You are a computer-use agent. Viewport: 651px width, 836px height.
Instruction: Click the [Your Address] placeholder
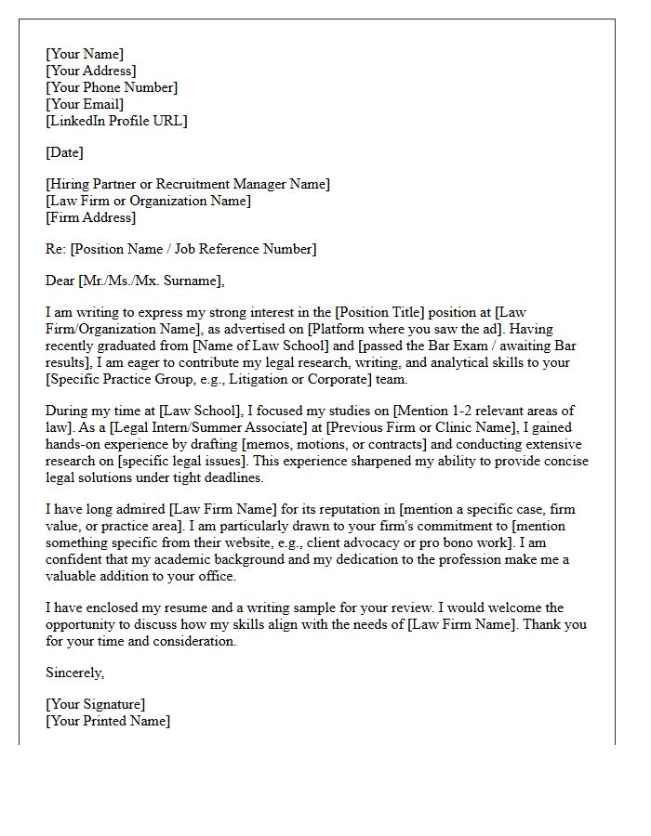[91, 71]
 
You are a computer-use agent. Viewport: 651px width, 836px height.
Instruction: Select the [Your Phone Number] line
[112, 87]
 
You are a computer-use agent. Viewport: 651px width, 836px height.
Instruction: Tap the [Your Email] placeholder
[85, 104]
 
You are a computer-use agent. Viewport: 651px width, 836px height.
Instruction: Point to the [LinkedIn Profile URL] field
[116, 121]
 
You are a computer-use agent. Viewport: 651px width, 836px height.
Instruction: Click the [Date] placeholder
[64, 152]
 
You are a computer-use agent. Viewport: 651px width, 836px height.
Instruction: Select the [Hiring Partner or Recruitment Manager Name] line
[188, 184]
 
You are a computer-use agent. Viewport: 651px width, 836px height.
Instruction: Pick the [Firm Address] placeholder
[91, 217]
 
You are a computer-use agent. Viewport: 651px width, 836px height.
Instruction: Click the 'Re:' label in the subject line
[56, 249]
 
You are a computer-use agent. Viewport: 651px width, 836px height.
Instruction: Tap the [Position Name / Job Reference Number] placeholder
[193, 249]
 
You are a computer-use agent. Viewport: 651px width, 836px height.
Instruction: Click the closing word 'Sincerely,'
[75, 673]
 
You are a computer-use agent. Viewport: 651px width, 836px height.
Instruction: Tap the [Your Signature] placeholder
[95, 704]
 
